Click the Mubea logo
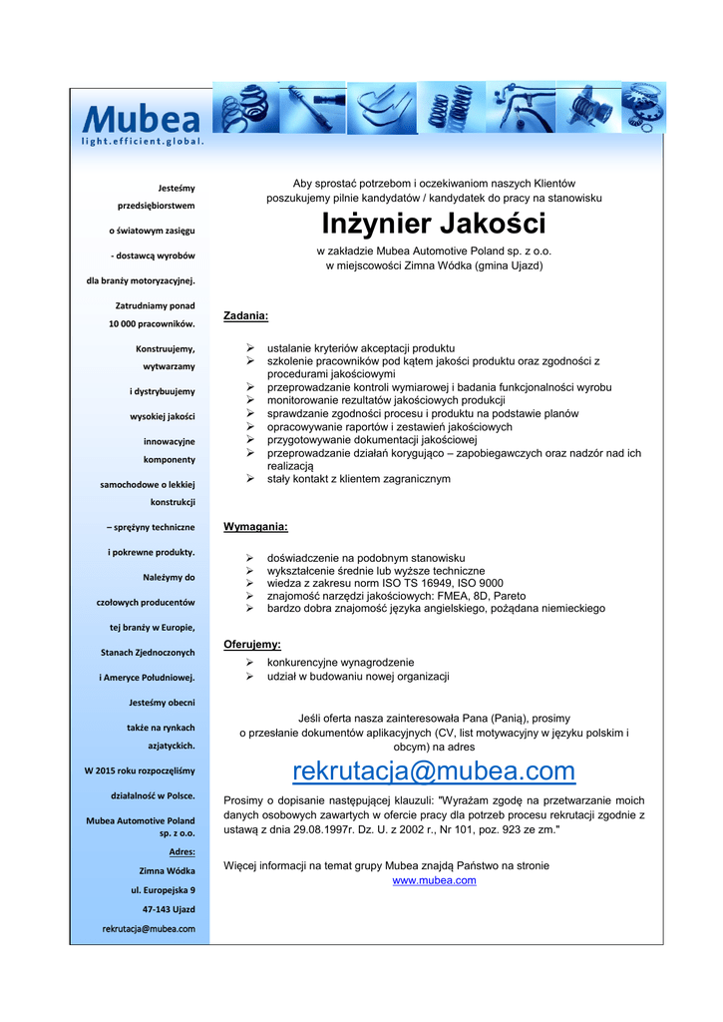pyautogui.click(x=142, y=120)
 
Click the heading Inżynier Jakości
pyautogui.click(x=433, y=224)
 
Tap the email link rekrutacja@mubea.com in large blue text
pyautogui.click(x=434, y=771)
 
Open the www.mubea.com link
pyautogui.click(x=434, y=880)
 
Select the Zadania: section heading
pyautogui.click(x=245, y=315)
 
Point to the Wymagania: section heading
pyautogui.click(x=255, y=526)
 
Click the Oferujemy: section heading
pyautogui.click(x=251, y=645)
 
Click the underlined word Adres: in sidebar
pyautogui.click(x=181, y=851)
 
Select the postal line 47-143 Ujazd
pyautogui.click(x=169, y=909)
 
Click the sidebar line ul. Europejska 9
pyautogui.click(x=163, y=889)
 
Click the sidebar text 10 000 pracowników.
pyautogui.click(x=152, y=323)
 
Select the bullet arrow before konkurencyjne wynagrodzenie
pyautogui.click(x=250, y=663)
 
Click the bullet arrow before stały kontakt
pyautogui.click(x=250, y=479)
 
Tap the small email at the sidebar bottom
pyautogui.click(x=149, y=929)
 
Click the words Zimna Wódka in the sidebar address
pyautogui.click(x=167, y=870)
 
